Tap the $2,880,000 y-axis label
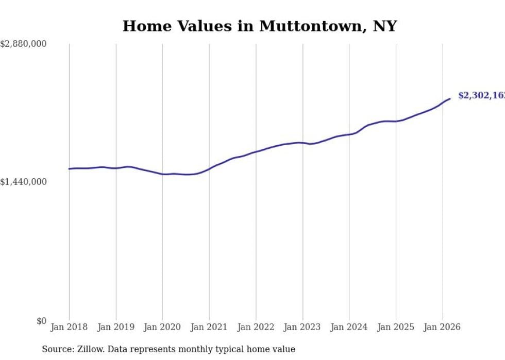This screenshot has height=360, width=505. tap(23, 44)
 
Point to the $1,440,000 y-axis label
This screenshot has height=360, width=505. tap(23, 182)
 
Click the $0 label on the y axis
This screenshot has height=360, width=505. tap(41, 321)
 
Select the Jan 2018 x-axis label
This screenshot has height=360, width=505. tap(69, 327)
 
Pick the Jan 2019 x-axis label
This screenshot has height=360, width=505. tap(116, 327)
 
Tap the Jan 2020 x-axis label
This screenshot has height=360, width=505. tap(162, 327)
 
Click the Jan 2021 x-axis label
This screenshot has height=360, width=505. tap(209, 327)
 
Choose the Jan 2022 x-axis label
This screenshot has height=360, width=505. tap(256, 327)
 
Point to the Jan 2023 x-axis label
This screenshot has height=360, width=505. tap(302, 327)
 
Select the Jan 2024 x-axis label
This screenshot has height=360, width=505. tap(349, 327)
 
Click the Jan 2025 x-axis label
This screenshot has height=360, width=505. tap(396, 327)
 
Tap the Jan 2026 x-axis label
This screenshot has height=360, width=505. tap(442, 327)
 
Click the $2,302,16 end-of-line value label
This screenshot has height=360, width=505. tap(481, 96)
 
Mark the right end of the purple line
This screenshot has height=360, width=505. tap(450, 98)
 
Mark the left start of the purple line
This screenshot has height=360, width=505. tap(69, 169)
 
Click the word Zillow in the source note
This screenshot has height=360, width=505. tap(89, 349)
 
